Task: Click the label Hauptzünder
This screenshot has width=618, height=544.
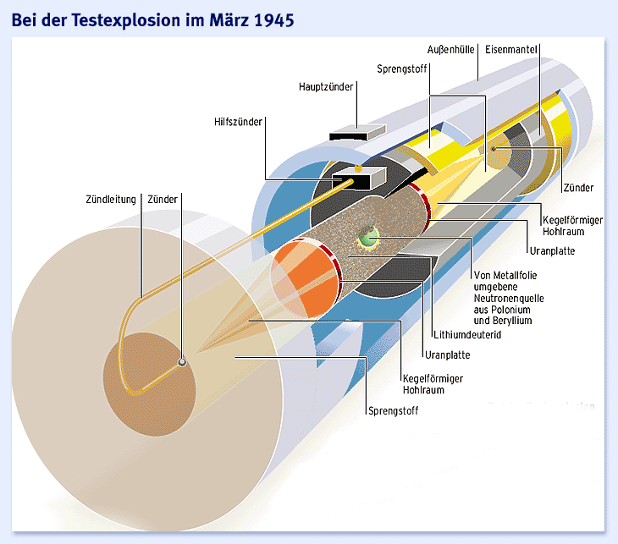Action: (326, 86)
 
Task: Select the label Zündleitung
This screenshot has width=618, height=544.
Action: (110, 201)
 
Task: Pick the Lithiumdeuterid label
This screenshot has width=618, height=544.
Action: (466, 334)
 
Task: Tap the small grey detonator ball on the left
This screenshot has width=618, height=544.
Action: (181, 362)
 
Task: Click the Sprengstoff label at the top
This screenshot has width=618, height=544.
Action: (402, 69)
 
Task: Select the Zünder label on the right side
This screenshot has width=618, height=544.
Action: (577, 187)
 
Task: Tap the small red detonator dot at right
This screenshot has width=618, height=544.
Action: (494, 150)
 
